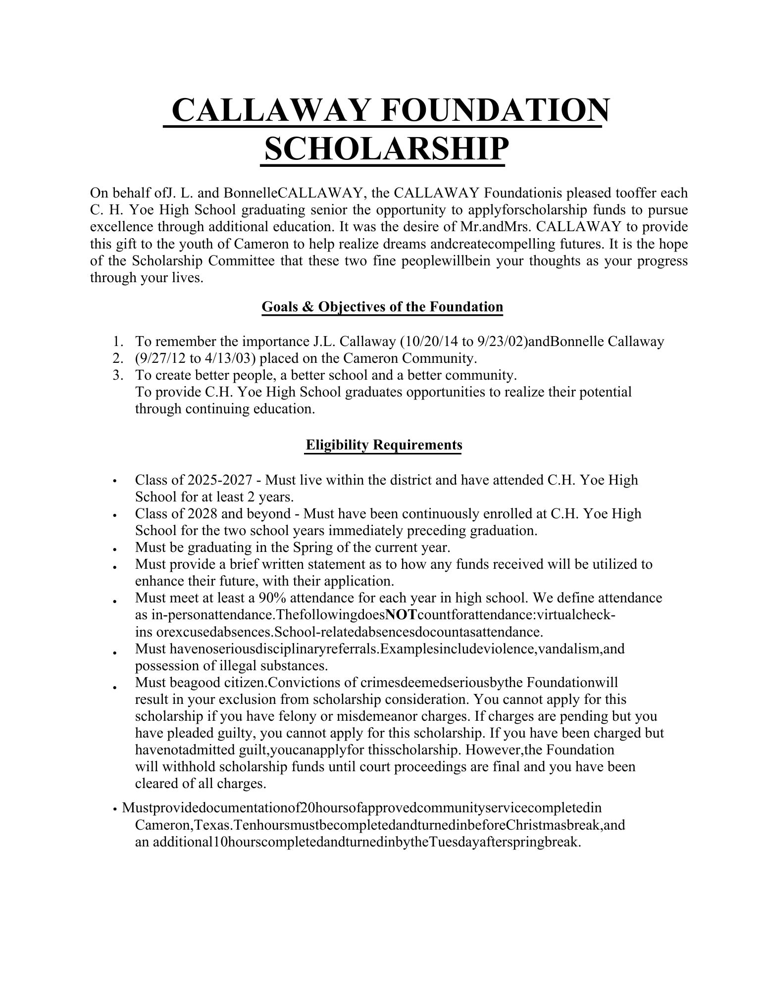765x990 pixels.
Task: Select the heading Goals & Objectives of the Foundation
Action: pos(382,307)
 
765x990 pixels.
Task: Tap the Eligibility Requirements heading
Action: pos(384,445)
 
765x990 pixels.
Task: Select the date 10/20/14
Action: pos(429,342)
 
